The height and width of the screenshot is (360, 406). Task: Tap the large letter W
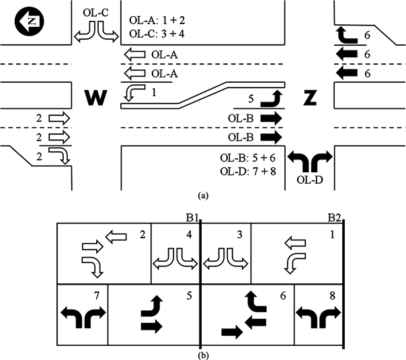point(96,98)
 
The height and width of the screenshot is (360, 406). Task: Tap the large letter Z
point(310,98)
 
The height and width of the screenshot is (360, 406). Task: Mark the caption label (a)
point(202,196)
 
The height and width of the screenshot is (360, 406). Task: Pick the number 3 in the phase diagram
point(242,233)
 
